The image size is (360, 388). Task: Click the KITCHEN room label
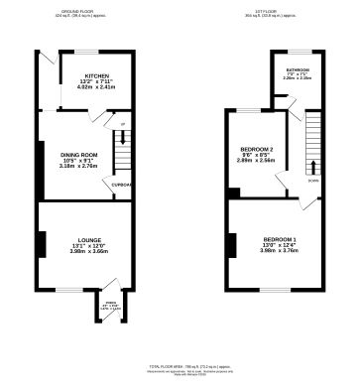[96, 74]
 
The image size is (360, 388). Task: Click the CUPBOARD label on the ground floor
[121, 185]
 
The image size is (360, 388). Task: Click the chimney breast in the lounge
[43, 244]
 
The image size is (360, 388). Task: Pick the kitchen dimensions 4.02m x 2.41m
[96, 86]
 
